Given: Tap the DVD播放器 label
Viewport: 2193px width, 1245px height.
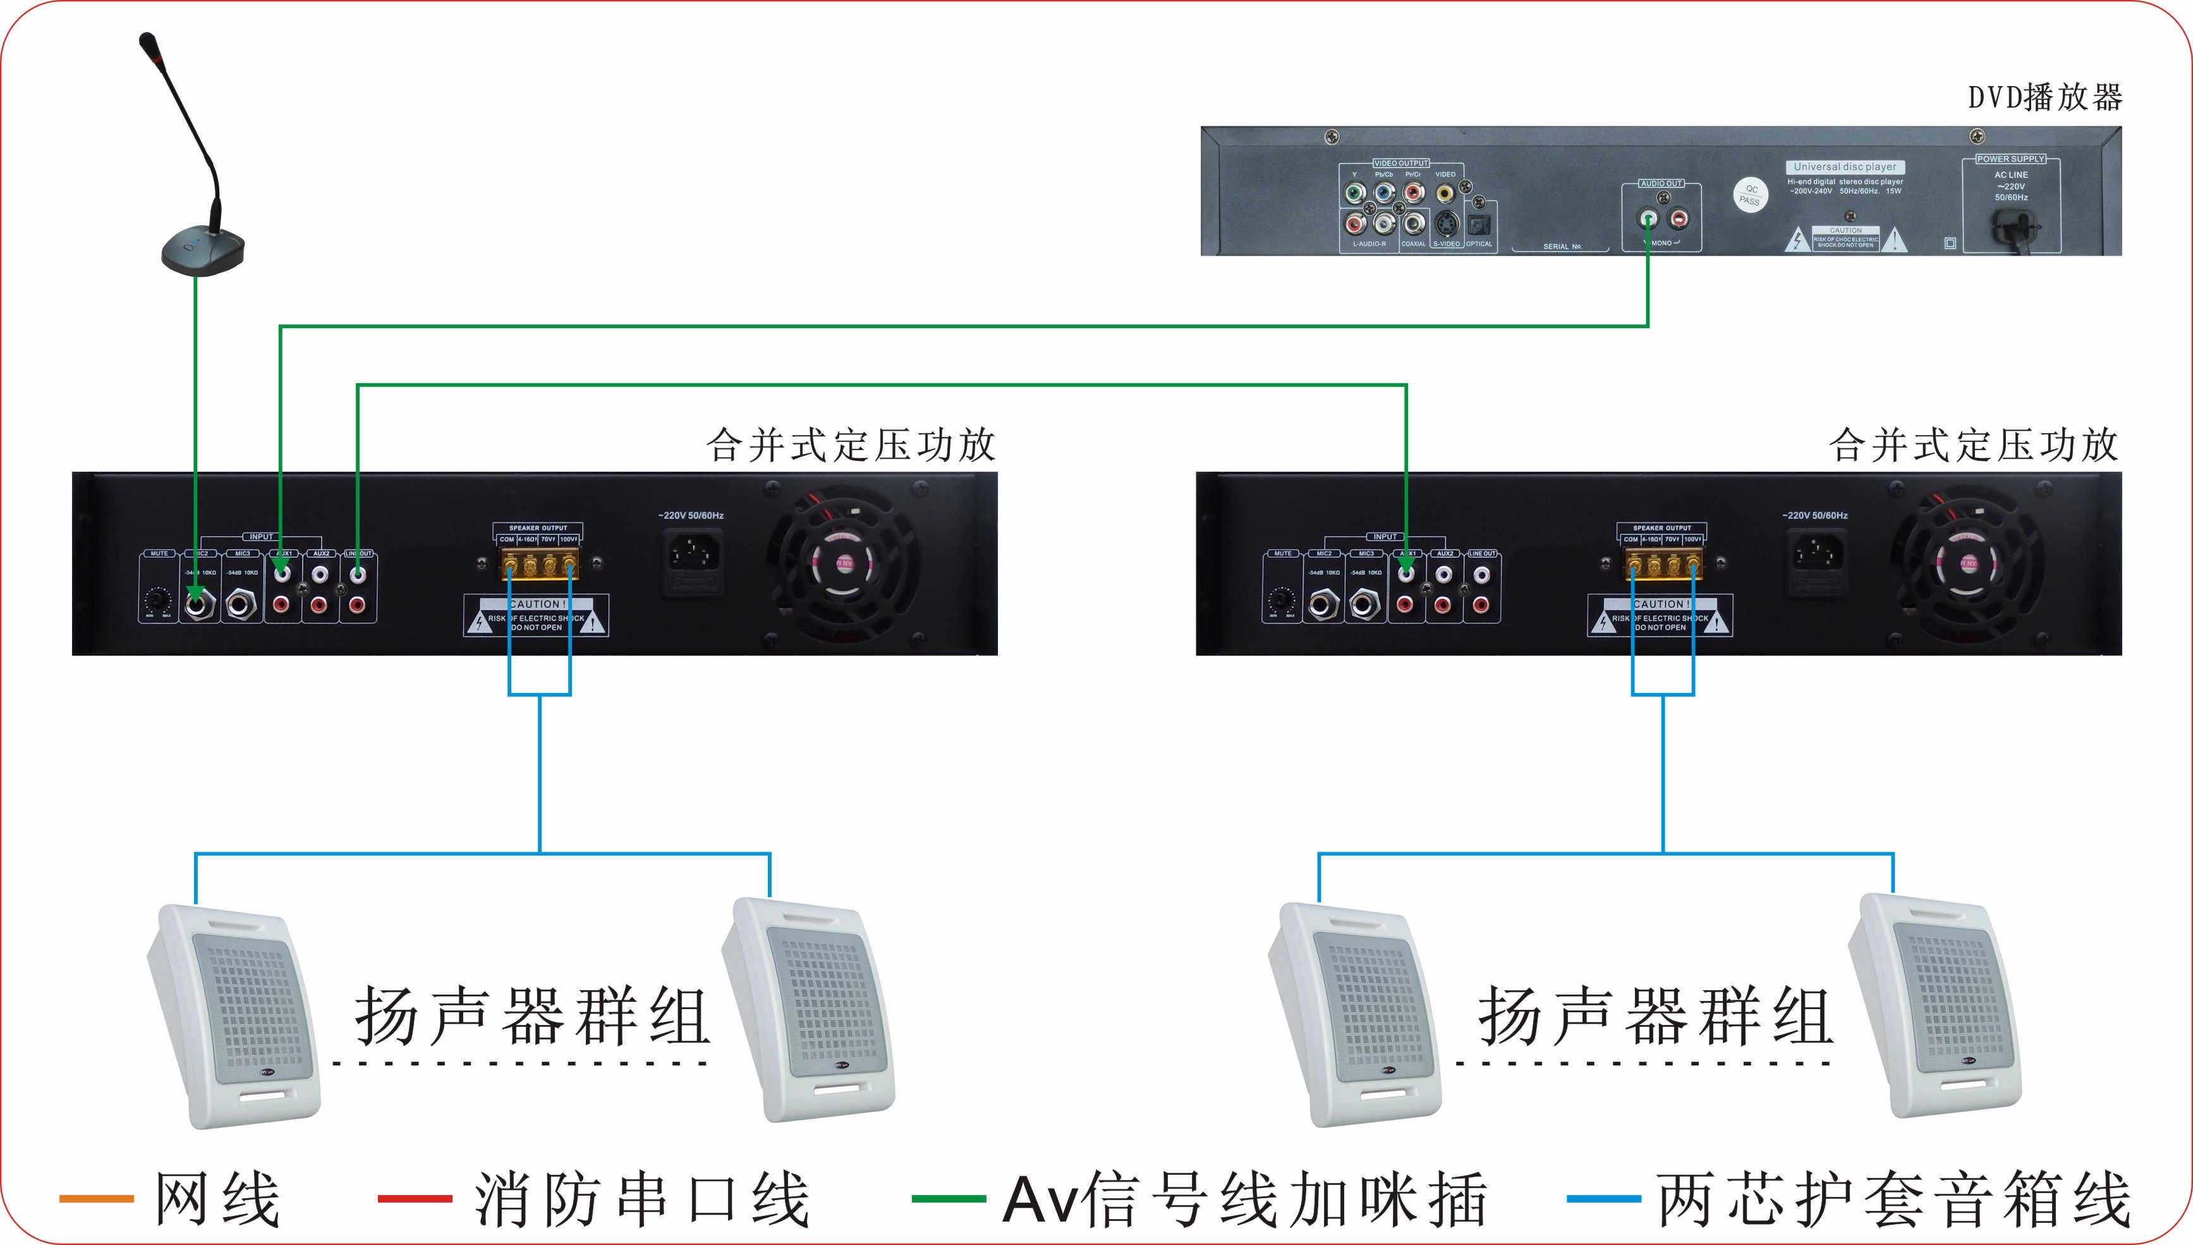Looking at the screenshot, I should (2044, 97).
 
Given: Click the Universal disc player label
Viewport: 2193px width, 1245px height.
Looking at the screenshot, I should (1844, 168).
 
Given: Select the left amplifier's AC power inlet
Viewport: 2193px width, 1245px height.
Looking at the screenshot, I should (692, 561).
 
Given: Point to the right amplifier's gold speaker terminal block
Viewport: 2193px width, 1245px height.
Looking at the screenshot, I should (1662, 565).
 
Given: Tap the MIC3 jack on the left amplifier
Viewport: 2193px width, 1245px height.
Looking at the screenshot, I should (242, 604).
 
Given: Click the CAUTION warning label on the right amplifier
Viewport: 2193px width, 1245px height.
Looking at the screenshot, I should (1660, 616).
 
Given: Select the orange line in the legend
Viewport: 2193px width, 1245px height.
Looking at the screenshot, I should (95, 1199).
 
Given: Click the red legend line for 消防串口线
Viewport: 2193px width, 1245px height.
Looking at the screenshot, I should (415, 1199).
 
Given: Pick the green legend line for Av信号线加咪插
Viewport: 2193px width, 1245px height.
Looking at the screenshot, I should (949, 1199).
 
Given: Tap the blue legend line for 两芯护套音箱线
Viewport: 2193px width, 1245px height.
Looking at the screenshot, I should (1603, 1199).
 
